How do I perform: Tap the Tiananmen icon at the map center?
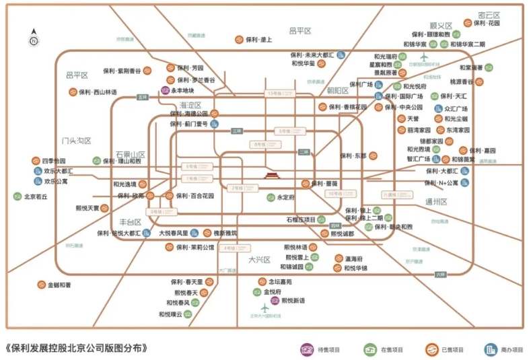272,177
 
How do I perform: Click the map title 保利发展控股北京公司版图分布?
75,349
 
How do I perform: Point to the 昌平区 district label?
299,31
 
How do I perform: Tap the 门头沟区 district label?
75,141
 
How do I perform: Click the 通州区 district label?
436,201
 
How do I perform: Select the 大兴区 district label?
258,259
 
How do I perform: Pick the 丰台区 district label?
130,222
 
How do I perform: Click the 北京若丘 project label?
38,197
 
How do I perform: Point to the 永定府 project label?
285,198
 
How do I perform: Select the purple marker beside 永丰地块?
165,90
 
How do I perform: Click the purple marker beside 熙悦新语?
275,301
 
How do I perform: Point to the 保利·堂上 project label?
258,40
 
